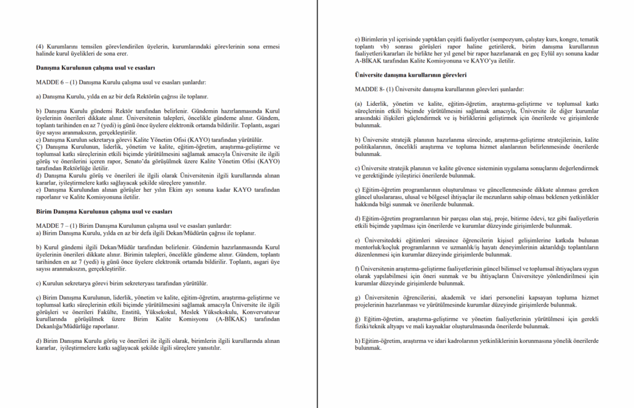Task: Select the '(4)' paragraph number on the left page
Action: point(40,46)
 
